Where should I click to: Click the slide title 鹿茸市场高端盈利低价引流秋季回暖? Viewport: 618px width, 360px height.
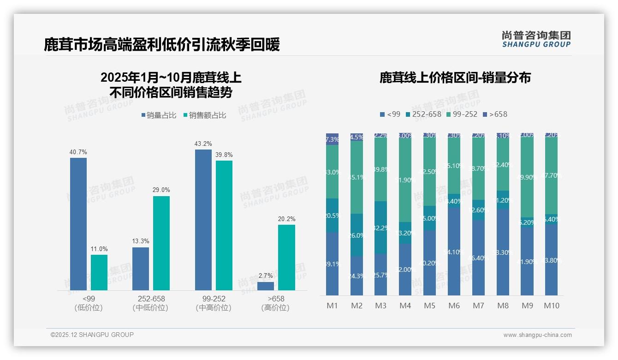pyautogui.click(x=161, y=45)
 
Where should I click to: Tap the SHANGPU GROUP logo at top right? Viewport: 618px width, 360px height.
pyautogui.click(x=536, y=39)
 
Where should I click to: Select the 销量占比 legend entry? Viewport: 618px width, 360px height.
pyautogui.click(x=159, y=115)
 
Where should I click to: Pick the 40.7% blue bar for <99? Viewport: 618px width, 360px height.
pyautogui.click(x=78, y=224)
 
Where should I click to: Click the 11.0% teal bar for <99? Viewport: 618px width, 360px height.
pyautogui.click(x=99, y=272)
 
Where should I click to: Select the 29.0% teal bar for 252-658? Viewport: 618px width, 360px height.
pyautogui.click(x=161, y=243)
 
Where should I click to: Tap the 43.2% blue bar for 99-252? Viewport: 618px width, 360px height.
pyautogui.click(x=203, y=220)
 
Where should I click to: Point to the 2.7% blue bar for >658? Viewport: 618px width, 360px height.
pyautogui.click(x=266, y=286)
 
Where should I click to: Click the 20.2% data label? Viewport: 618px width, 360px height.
pyautogui.click(x=286, y=219)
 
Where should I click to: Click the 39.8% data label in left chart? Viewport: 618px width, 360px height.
pyautogui.click(x=224, y=155)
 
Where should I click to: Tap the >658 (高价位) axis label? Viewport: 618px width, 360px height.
pyautogui.click(x=275, y=303)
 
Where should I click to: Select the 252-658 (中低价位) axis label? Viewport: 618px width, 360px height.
pyautogui.click(x=150, y=303)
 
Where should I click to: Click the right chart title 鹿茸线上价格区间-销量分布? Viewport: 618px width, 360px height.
pyautogui.click(x=455, y=78)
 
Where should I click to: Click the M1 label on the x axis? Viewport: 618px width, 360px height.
pyautogui.click(x=332, y=306)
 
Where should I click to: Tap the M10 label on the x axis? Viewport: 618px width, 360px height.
pyautogui.click(x=551, y=306)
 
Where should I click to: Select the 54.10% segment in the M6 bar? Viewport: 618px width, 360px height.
pyautogui.click(x=454, y=252)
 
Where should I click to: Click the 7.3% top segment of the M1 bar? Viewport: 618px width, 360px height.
pyautogui.click(x=332, y=139)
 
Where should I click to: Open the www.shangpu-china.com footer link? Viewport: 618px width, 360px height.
pyautogui.click(x=537, y=335)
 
